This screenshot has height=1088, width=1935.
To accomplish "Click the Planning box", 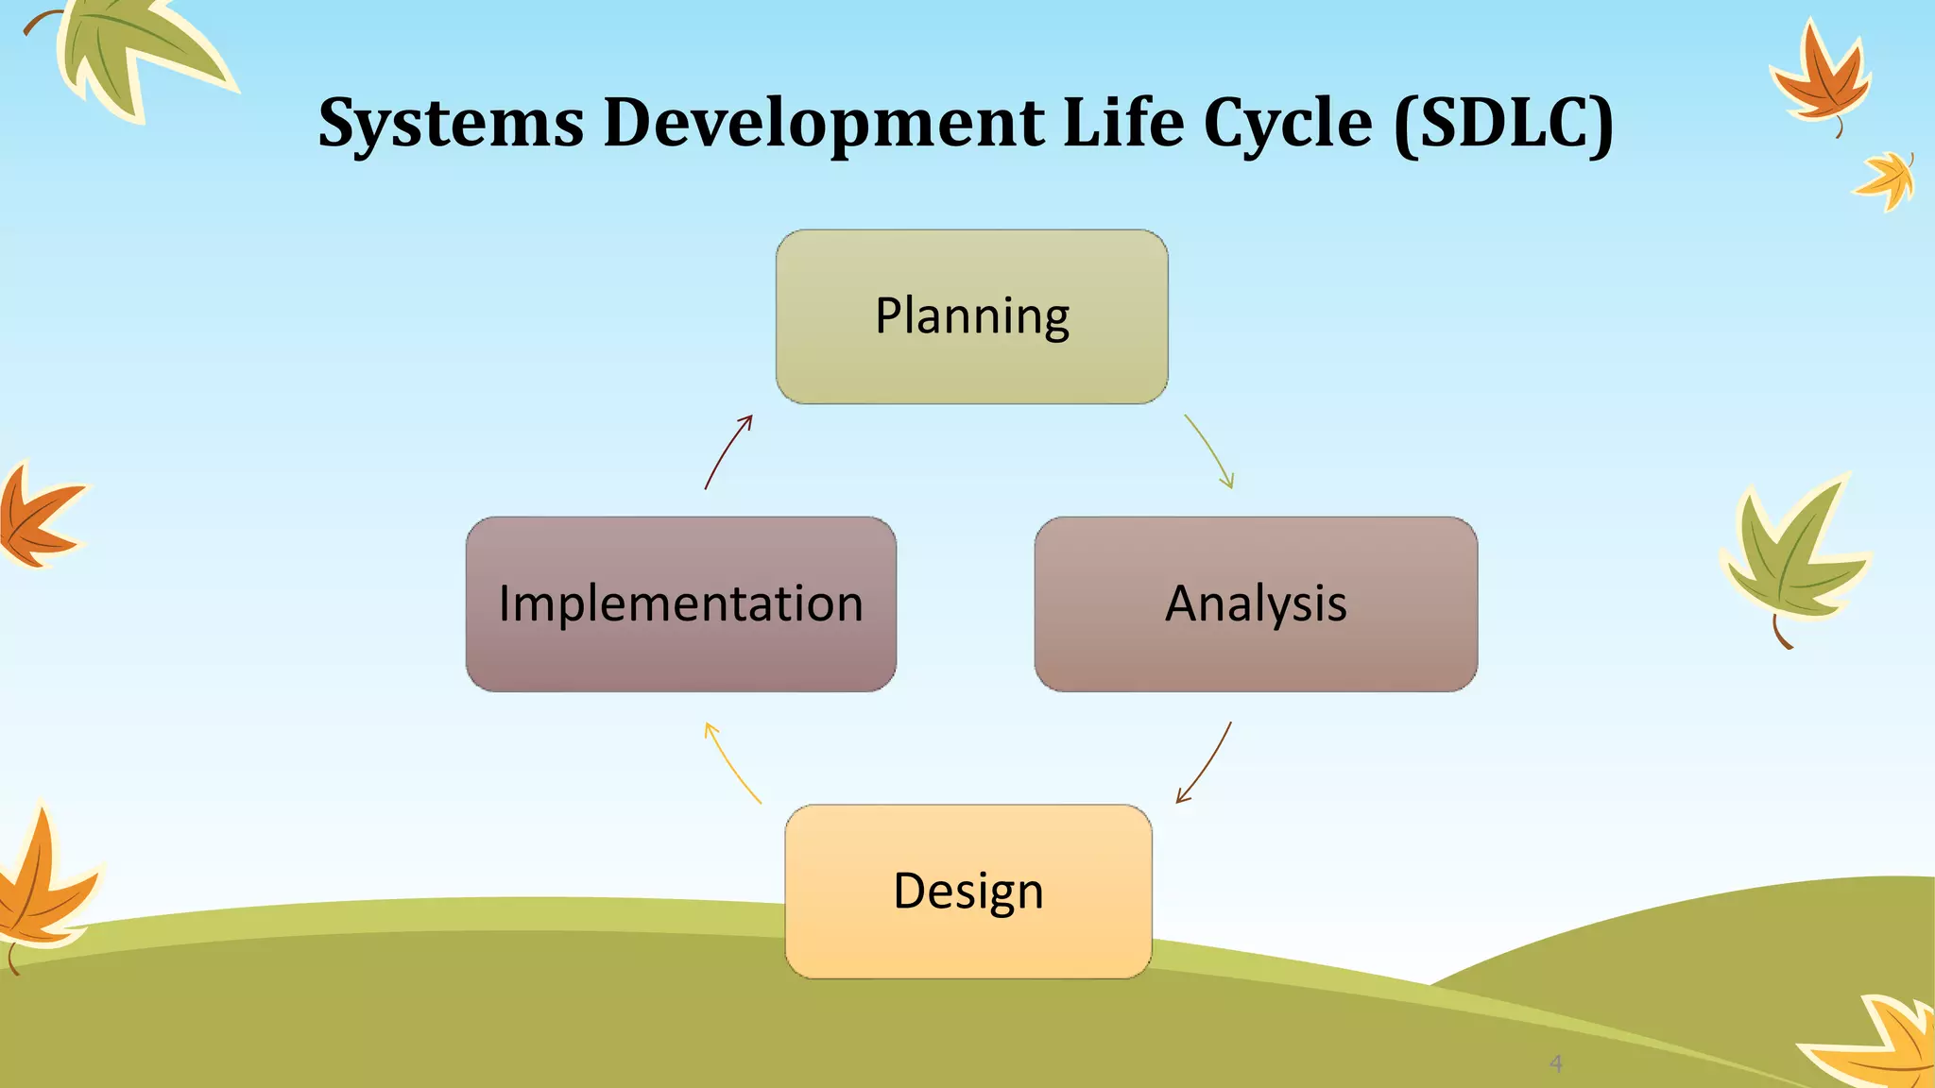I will point(971,316).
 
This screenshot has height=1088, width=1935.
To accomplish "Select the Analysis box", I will point(1256,603).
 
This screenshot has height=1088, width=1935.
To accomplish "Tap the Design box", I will point(968,891).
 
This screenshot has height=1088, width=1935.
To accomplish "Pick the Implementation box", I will point(680,603).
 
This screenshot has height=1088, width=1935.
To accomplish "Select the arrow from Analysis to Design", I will point(1207,761).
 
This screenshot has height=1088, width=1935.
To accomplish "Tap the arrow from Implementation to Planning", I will point(727,451).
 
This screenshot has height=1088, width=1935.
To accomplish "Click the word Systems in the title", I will point(451,124).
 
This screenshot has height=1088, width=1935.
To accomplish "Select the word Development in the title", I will point(824,124).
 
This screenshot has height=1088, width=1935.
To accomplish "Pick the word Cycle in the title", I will point(1288,124).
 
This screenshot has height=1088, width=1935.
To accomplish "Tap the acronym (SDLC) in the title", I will point(1503,124).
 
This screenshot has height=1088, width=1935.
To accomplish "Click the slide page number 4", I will point(1556,1063).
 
